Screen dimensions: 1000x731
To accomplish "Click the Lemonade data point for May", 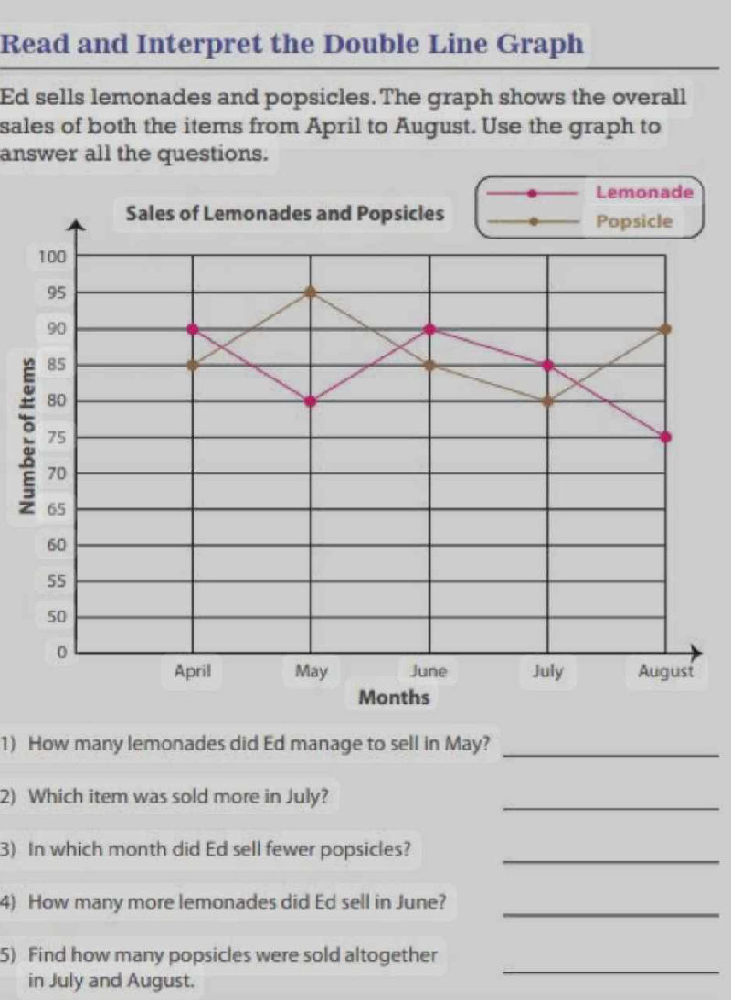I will (311, 400).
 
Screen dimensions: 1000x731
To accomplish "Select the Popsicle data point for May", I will (311, 292).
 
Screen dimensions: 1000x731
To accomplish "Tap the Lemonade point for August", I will (666, 437).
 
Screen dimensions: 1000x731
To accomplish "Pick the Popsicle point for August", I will (666, 328).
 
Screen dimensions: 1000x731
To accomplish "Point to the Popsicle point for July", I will (547, 400).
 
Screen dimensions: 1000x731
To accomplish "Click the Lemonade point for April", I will (193, 328).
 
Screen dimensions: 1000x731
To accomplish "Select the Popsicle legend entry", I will (633, 221).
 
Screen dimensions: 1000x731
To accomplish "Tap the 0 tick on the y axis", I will (62, 653).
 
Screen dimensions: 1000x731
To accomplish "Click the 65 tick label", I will (57, 508).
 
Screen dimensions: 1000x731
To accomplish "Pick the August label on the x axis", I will (666, 672).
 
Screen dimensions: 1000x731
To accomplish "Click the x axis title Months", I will (395, 698).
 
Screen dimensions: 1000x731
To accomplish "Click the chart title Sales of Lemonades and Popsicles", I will (286, 216).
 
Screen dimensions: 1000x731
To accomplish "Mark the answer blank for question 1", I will (610, 754).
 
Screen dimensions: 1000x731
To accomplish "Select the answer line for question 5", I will (610, 971).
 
